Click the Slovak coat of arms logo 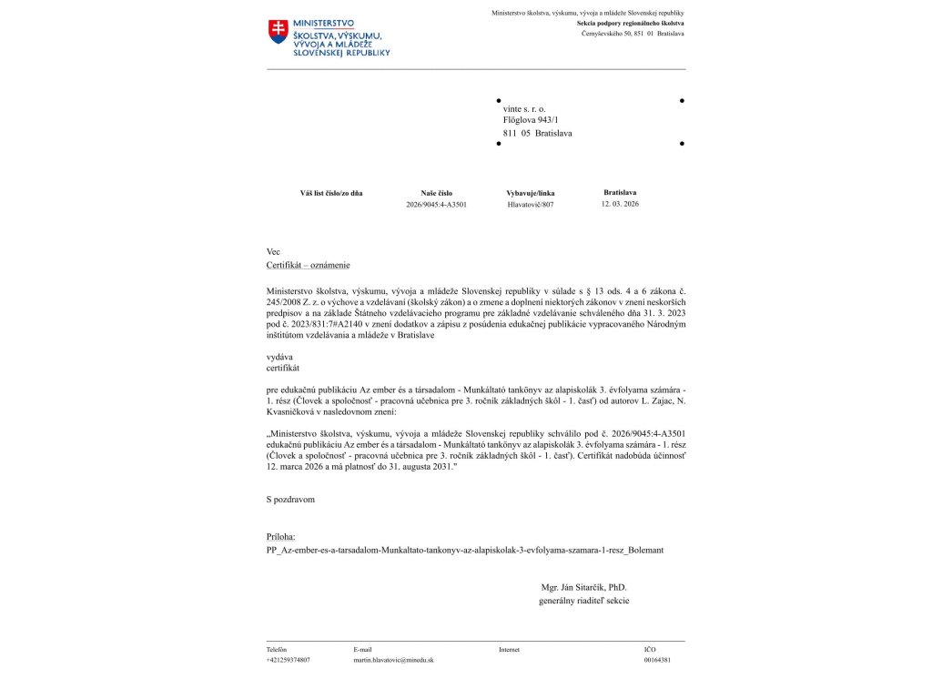(x=278, y=31)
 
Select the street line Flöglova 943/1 (x=531, y=119)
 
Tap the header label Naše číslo (x=436, y=193)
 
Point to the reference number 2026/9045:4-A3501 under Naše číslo (x=436, y=205)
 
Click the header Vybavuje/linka (x=530, y=193)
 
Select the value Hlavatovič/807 (x=530, y=205)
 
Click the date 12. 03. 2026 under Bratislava (x=620, y=204)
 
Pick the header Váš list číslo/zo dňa (x=331, y=193)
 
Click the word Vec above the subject (x=273, y=251)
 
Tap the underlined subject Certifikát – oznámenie (x=308, y=265)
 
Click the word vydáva (x=279, y=358)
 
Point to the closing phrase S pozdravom (x=290, y=500)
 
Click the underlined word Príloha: (x=281, y=538)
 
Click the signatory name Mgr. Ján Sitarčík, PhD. (x=583, y=588)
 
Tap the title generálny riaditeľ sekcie (x=583, y=601)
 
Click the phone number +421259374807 (x=288, y=660)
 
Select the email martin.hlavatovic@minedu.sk (x=393, y=660)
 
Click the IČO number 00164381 (x=657, y=660)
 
